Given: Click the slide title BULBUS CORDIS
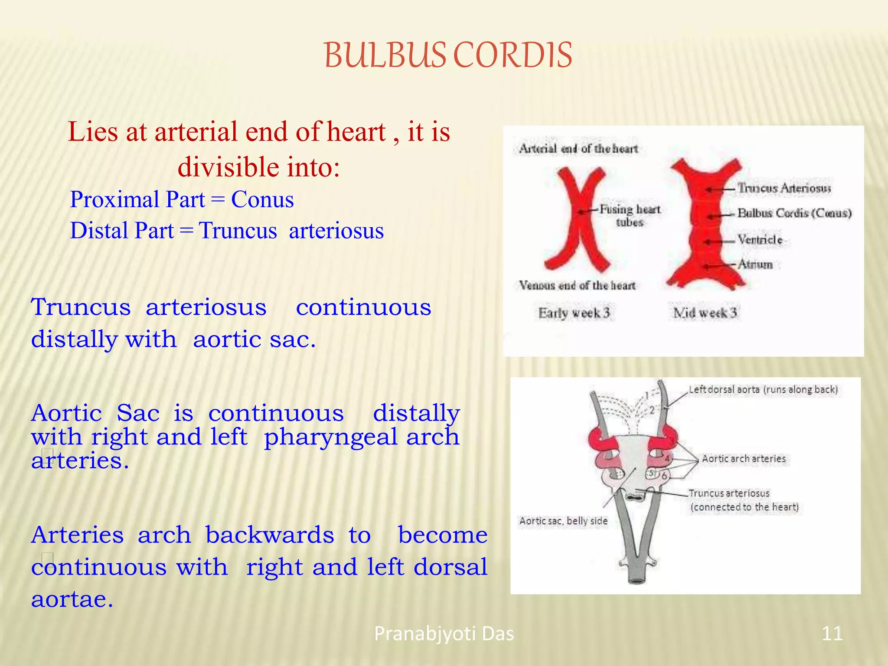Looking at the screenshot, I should (x=448, y=55).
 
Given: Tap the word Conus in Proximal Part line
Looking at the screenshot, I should (x=262, y=199).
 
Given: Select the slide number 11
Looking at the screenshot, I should (x=832, y=633).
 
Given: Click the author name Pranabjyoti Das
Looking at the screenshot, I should (x=444, y=633).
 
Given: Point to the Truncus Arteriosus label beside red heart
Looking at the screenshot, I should (x=784, y=188).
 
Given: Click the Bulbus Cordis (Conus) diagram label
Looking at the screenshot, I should (x=794, y=213).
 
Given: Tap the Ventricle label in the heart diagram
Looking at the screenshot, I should (x=760, y=239).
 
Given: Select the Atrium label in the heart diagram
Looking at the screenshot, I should (x=755, y=264).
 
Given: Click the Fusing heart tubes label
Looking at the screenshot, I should (x=630, y=215).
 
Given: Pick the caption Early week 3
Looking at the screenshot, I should (x=574, y=313).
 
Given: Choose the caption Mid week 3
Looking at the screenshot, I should (x=705, y=313).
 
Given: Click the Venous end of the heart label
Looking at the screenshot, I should (x=577, y=285).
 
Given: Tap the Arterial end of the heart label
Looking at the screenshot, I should (x=578, y=149).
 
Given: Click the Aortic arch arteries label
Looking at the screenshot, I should (x=744, y=459).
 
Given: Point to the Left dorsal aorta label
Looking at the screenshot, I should (x=763, y=389).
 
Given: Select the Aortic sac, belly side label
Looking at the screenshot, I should (x=563, y=521).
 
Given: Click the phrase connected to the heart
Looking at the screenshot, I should (x=744, y=507).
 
